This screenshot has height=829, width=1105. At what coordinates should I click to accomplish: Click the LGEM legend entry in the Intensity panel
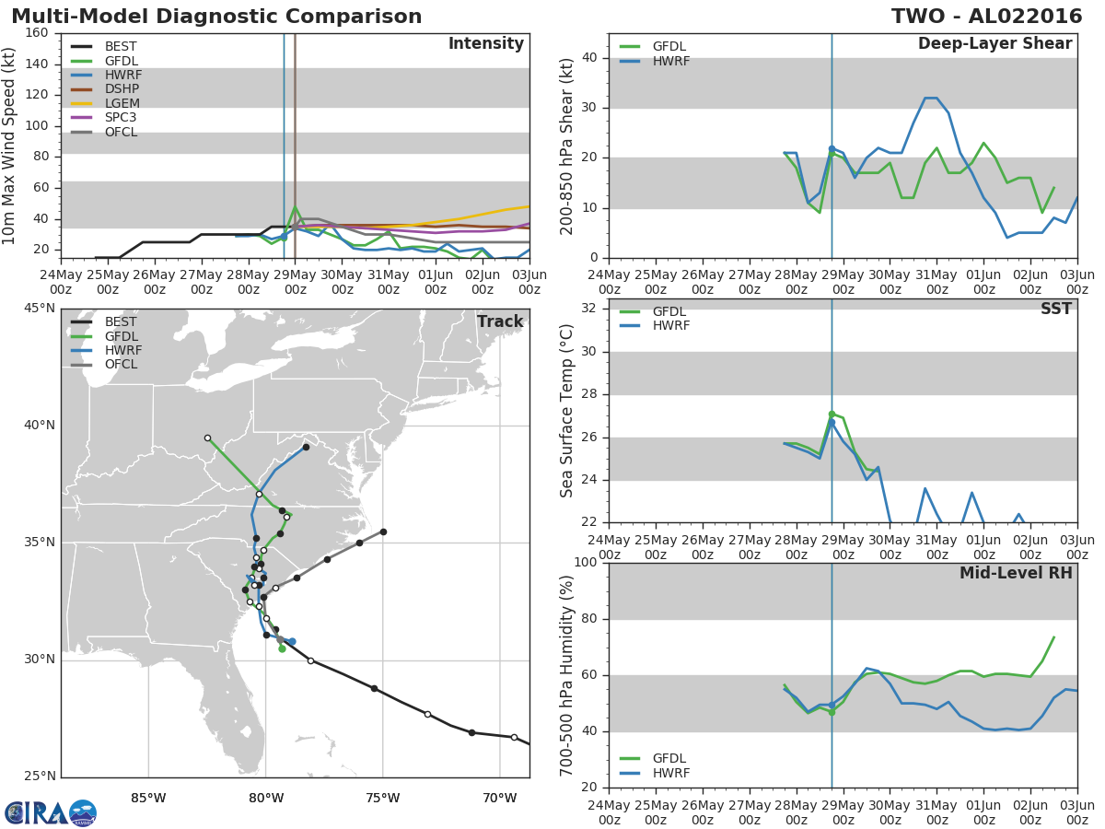pyautogui.click(x=105, y=104)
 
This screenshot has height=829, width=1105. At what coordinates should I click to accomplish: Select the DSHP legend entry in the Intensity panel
pyautogui.click(x=105, y=89)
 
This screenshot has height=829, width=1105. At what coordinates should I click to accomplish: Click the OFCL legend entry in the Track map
pyautogui.click(x=104, y=365)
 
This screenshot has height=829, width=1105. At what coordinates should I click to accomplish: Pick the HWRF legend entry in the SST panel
pyautogui.click(x=655, y=326)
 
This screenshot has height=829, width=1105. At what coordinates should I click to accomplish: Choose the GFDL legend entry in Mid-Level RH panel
pyautogui.click(x=653, y=758)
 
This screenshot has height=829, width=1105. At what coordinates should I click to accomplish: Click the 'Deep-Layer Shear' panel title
pyautogui.click(x=994, y=44)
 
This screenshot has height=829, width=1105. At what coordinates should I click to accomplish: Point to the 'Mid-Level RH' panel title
pyautogui.click(x=1016, y=573)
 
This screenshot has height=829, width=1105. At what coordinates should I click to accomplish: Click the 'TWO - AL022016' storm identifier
pyautogui.click(x=986, y=17)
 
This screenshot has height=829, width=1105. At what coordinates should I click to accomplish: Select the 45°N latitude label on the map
pyautogui.click(x=40, y=308)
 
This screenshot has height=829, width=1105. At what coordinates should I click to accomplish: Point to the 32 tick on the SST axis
pyautogui.click(x=589, y=309)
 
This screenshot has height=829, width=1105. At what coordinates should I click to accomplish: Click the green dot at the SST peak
pyautogui.click(x=832, y=414)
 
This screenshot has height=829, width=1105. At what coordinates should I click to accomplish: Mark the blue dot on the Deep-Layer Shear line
pyautogui.click(x=832, y=149)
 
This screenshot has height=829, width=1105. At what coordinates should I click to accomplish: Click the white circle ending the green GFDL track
pyautogui.click(x=207, y=438)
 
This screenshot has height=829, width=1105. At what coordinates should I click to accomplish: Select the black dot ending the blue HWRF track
pyautogui.click(x=306, y=447)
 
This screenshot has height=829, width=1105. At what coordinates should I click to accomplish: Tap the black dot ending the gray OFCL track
pyautogui.click(x=383, y=532)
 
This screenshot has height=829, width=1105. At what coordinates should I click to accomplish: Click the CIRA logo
pyautogui.click(x=50, y=811)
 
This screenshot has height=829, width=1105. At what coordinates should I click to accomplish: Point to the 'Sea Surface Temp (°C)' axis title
pyautogui.click(x=566, y=411)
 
